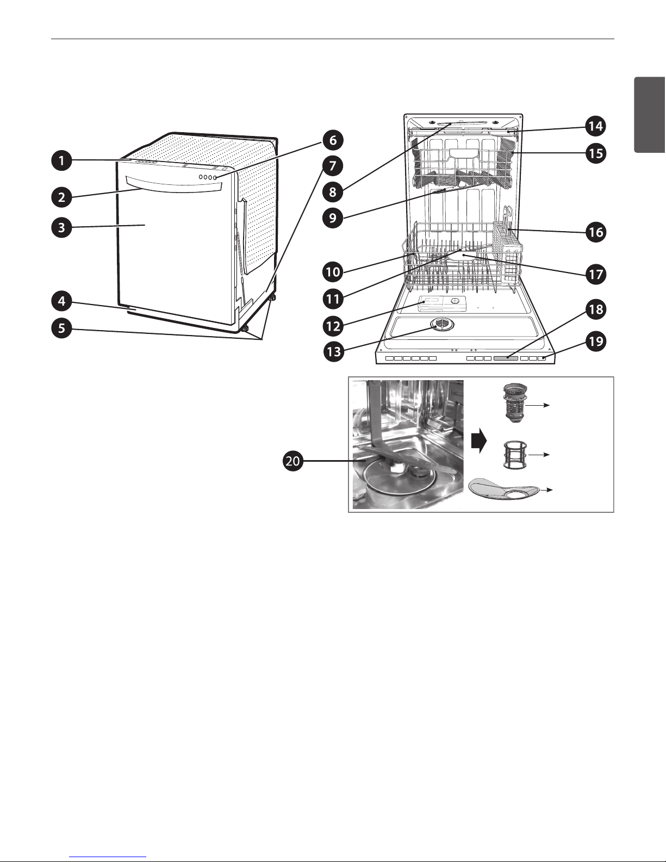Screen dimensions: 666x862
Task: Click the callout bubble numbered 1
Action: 61,160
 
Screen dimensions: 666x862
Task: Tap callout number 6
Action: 333,140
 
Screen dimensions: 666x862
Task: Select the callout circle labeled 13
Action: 334,351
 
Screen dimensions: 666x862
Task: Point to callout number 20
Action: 292,461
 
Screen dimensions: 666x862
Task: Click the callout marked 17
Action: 596,275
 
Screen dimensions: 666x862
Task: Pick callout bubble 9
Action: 333,218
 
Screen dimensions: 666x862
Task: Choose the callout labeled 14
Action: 596,126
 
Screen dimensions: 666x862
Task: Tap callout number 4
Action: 61,301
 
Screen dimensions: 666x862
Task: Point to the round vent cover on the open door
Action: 443,325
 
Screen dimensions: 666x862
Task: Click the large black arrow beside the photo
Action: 479,441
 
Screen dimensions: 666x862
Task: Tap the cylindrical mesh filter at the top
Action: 514,404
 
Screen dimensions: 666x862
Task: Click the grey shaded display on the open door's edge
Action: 506,358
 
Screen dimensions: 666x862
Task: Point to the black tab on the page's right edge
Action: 650,121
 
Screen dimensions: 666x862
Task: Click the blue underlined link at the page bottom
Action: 107,855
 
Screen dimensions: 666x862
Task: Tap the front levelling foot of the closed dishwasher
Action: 245,328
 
